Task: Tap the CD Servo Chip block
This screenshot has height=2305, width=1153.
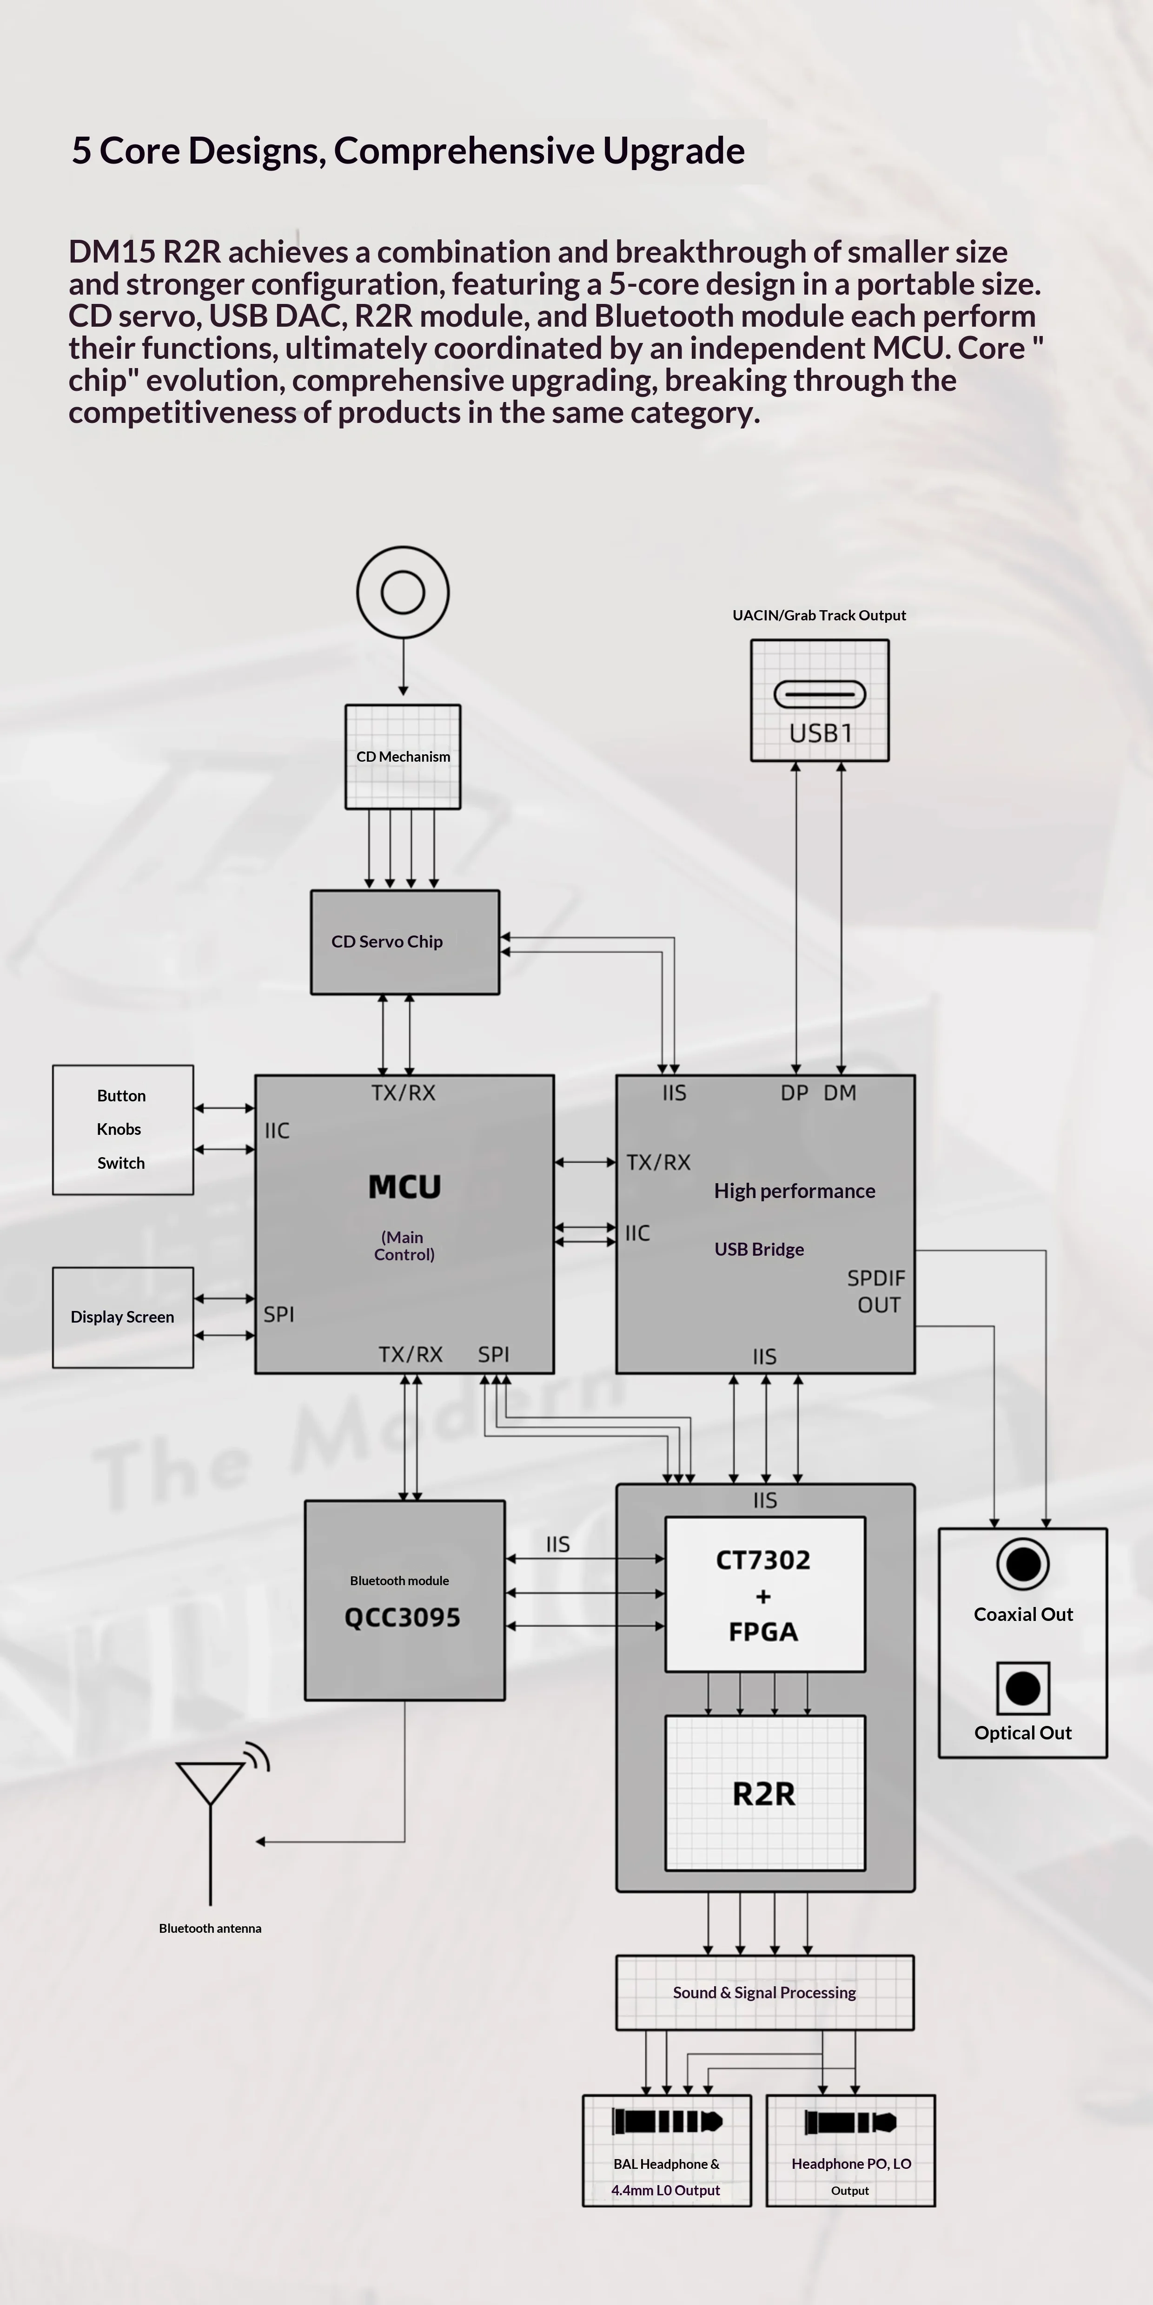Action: tap(404, 942)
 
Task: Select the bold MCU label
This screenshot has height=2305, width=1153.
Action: tap(404, 1186)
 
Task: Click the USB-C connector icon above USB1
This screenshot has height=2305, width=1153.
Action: tap(820, 694)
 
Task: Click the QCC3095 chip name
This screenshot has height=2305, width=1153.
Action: tap(403, 1618)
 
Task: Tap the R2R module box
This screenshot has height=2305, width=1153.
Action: tap(764, 1793)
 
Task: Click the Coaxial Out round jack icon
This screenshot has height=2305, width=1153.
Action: tap(1023, 1564)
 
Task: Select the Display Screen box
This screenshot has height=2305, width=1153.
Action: tap(123, 1317)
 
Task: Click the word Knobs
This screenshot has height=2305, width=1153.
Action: tap(119, 1129)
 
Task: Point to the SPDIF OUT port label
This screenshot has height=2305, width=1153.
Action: tap(876, 1291)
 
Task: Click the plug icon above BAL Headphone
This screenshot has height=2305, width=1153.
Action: tap(667, 2121)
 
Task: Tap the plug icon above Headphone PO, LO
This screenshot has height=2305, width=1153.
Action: tap(850, 2121)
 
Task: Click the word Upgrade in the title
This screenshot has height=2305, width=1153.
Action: tap(673, 150)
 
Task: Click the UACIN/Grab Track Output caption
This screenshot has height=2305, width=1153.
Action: tap(819, 616)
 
